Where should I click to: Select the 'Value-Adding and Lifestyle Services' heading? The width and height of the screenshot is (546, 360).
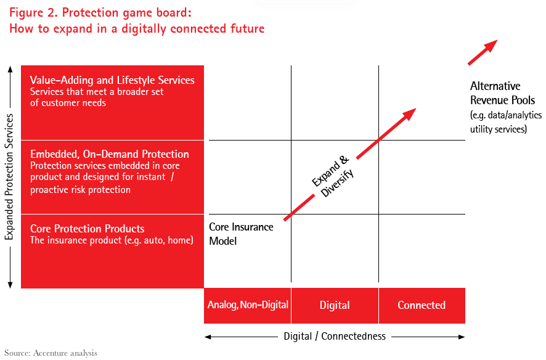[112, 80]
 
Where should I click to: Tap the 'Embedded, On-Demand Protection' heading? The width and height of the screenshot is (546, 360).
[109, 154]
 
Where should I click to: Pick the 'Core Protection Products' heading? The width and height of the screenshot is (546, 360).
[87, 229]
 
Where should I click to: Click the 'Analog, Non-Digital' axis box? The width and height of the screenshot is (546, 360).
[248, 305]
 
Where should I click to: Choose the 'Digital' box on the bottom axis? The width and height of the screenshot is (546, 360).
[335, 305]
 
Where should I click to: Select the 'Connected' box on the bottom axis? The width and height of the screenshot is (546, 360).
[422, 305]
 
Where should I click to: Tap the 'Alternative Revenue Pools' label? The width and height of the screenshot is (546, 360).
[502, 92]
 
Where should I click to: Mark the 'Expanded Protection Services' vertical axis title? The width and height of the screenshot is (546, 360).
[10, 176]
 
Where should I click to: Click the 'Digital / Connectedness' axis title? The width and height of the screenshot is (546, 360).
[335, 337]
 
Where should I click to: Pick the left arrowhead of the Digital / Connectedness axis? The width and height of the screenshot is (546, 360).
[208, 337]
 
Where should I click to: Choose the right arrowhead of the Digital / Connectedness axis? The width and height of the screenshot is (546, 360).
[462, 337]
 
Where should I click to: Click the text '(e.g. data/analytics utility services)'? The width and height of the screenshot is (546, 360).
[499, 122]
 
